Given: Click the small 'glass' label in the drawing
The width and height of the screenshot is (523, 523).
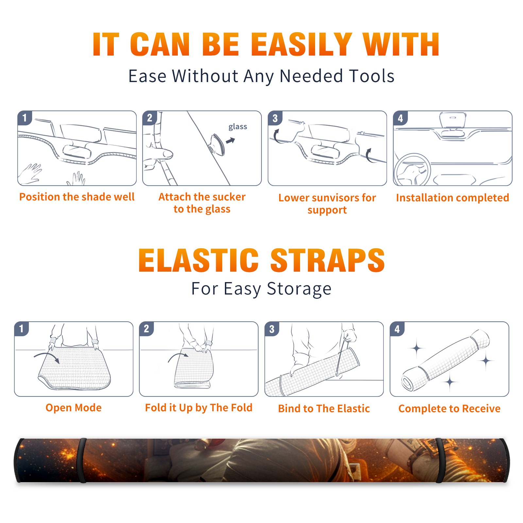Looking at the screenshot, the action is coord(238,127).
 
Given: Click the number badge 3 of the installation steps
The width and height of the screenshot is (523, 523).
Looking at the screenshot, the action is coord(275,118).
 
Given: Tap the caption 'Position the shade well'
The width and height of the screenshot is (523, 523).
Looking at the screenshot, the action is coord(77,197).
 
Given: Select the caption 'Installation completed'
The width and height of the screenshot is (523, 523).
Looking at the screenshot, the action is coord(452,198).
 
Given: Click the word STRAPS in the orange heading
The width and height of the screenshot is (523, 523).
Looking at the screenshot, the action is coord(328,260).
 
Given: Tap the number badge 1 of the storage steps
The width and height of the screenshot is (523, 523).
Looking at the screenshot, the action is coord(22,329).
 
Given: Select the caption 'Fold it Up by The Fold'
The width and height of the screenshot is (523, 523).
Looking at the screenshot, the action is coord(199,408).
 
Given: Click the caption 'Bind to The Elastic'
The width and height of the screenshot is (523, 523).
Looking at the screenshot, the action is coord(324,409).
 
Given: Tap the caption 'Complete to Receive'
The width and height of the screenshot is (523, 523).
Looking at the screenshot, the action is coord(449,409).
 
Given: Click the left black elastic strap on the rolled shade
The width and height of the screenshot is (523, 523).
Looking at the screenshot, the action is coord(81,460).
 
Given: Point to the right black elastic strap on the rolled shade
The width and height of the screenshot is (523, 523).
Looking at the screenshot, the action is coord(440,460).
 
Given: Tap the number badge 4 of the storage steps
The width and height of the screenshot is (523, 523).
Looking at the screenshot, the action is coord(397,329).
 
